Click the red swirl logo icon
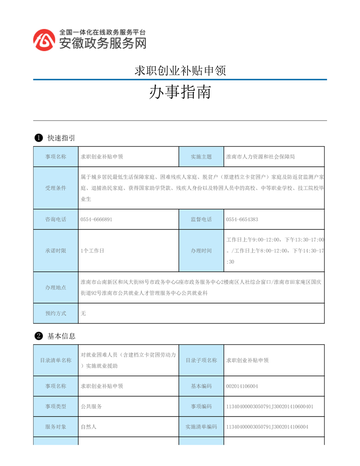45,39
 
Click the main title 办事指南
180,92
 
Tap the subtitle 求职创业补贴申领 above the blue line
180,71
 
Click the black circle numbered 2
38,336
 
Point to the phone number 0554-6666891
96,219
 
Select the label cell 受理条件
56,188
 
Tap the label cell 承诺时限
56,251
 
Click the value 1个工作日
92,251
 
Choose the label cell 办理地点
56,287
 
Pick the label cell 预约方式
56,313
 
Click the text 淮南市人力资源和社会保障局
260,156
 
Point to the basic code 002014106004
242,386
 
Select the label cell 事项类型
56,406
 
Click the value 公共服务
91,406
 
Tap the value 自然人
89,427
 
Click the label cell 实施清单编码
201,427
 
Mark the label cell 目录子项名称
201,360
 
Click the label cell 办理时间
201,251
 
